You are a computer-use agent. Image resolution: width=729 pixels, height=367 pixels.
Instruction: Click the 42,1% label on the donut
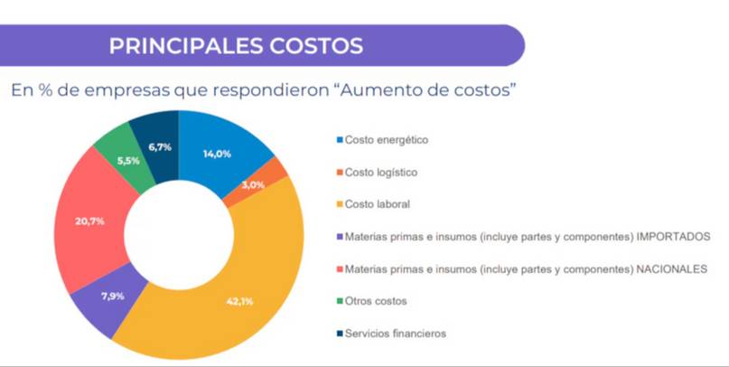pyautogui.click(x=239, y=301)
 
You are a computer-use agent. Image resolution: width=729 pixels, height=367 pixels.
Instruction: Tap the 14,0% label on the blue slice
pyautogui.click(x=217, y=154)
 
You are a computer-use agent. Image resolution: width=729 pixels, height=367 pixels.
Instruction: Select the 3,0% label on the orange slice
pyautogui.click(x=254, y=184)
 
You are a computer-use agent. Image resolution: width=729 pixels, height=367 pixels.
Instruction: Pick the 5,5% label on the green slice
pyautogui.click(x=129, y=160)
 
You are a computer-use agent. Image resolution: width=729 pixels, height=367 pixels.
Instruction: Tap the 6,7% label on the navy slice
pyautogui.click(x=160, y=146)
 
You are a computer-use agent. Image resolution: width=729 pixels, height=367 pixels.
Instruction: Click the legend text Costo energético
pyautogui.click(x=386, y=140)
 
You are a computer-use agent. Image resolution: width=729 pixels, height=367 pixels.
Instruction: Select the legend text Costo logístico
pyautogui.click(x=381, y=172)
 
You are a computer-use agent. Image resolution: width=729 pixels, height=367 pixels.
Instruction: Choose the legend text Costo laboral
pyautogui.click(x=378, y=204)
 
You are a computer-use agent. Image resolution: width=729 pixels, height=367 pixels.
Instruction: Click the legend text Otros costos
pyautogui.click(x=376, y=301)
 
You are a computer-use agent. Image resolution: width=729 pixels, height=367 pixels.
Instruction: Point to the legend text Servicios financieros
pyautogui.click(x=395, y=334)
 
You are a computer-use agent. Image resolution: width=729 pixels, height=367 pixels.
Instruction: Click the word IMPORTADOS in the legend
pyautogui.click(x=673, y=237)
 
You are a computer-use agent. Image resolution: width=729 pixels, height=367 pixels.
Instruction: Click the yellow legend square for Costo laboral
pyautogui.click(x=339, y=204)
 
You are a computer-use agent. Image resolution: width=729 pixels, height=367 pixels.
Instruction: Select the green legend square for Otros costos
pyautogui.click(x=339, y=301)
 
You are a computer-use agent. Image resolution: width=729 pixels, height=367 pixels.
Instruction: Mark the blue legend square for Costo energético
pyautogui.click(x=339, y=140)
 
